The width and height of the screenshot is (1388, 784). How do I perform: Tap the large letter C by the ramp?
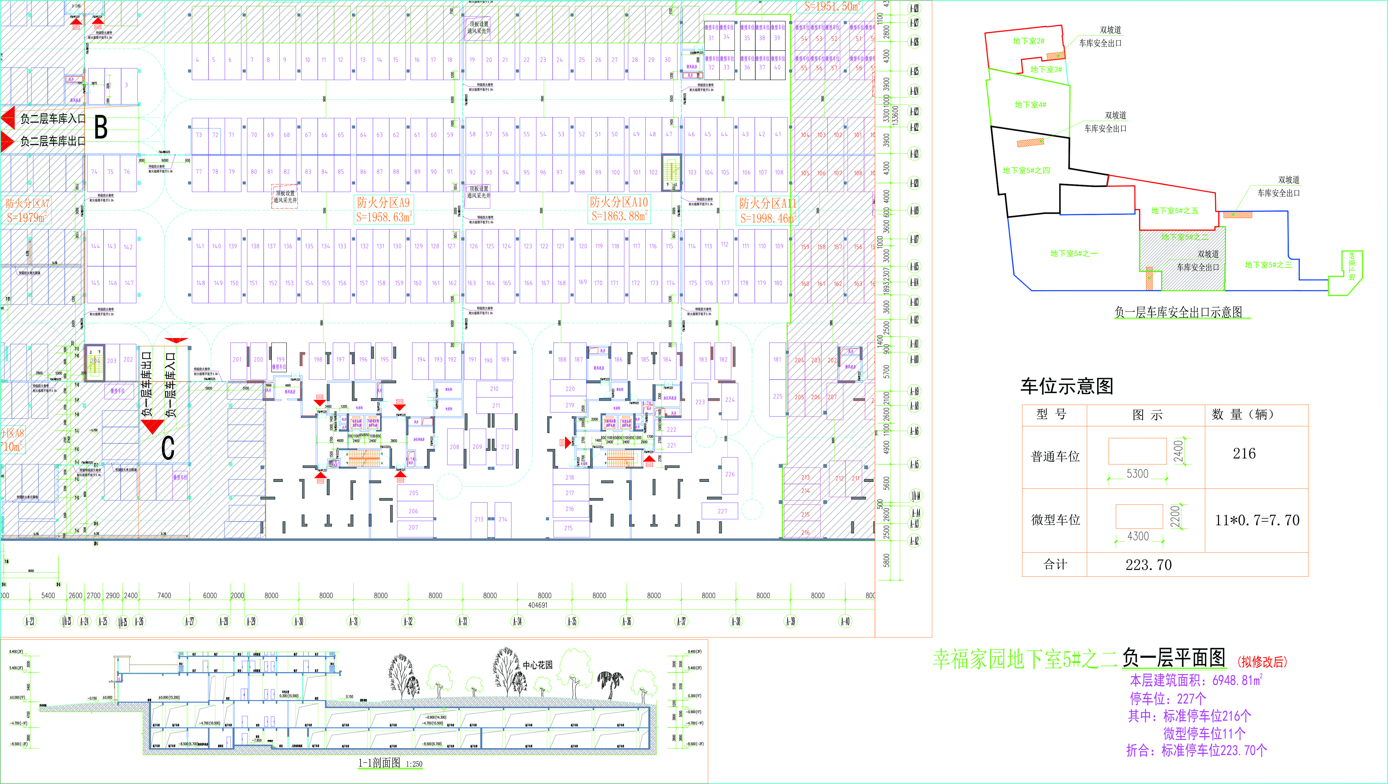(x=168, y=447)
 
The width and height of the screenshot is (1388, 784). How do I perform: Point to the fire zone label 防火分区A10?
(x=619, y=202)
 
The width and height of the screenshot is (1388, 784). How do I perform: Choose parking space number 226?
(x=730, y=474)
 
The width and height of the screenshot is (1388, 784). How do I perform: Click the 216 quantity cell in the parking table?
(x=1244, y=454)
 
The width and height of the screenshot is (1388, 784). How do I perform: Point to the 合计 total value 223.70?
(x=1148, y=565)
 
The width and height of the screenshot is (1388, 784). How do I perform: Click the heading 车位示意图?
(x=1066, y=386)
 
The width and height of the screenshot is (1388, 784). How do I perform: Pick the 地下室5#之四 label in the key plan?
(x=1026, y=170)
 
